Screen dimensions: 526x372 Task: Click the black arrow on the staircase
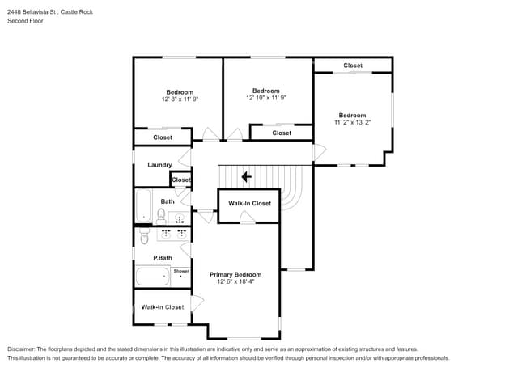point(247,176)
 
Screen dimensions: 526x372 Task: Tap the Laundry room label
point(159,165)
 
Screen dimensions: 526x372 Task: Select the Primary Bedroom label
point(235,274)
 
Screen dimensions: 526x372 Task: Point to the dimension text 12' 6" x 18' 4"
point(235,281)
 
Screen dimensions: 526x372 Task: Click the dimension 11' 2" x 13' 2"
point(352,122)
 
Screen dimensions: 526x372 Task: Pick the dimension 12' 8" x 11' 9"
point(180,99)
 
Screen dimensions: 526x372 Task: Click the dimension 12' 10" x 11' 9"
point(266,98)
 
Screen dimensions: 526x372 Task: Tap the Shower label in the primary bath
point(181,271)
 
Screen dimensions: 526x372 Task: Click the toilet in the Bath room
point(161,216)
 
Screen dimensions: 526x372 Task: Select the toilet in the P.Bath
point(144,236)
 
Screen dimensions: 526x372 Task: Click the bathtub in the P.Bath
point(153,277)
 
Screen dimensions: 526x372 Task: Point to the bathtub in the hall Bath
point(143,205)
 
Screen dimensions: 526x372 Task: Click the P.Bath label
point(163,258)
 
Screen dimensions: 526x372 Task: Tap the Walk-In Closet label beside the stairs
point(249,204)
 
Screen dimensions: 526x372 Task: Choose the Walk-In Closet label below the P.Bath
point(163,307)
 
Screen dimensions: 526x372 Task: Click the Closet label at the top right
point(353,66)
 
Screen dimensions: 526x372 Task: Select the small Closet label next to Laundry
point(181,180)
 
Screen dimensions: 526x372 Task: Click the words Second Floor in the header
point(25,21)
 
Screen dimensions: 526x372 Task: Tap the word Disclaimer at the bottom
point(21,349)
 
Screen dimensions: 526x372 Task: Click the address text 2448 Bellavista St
point(32,12)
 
